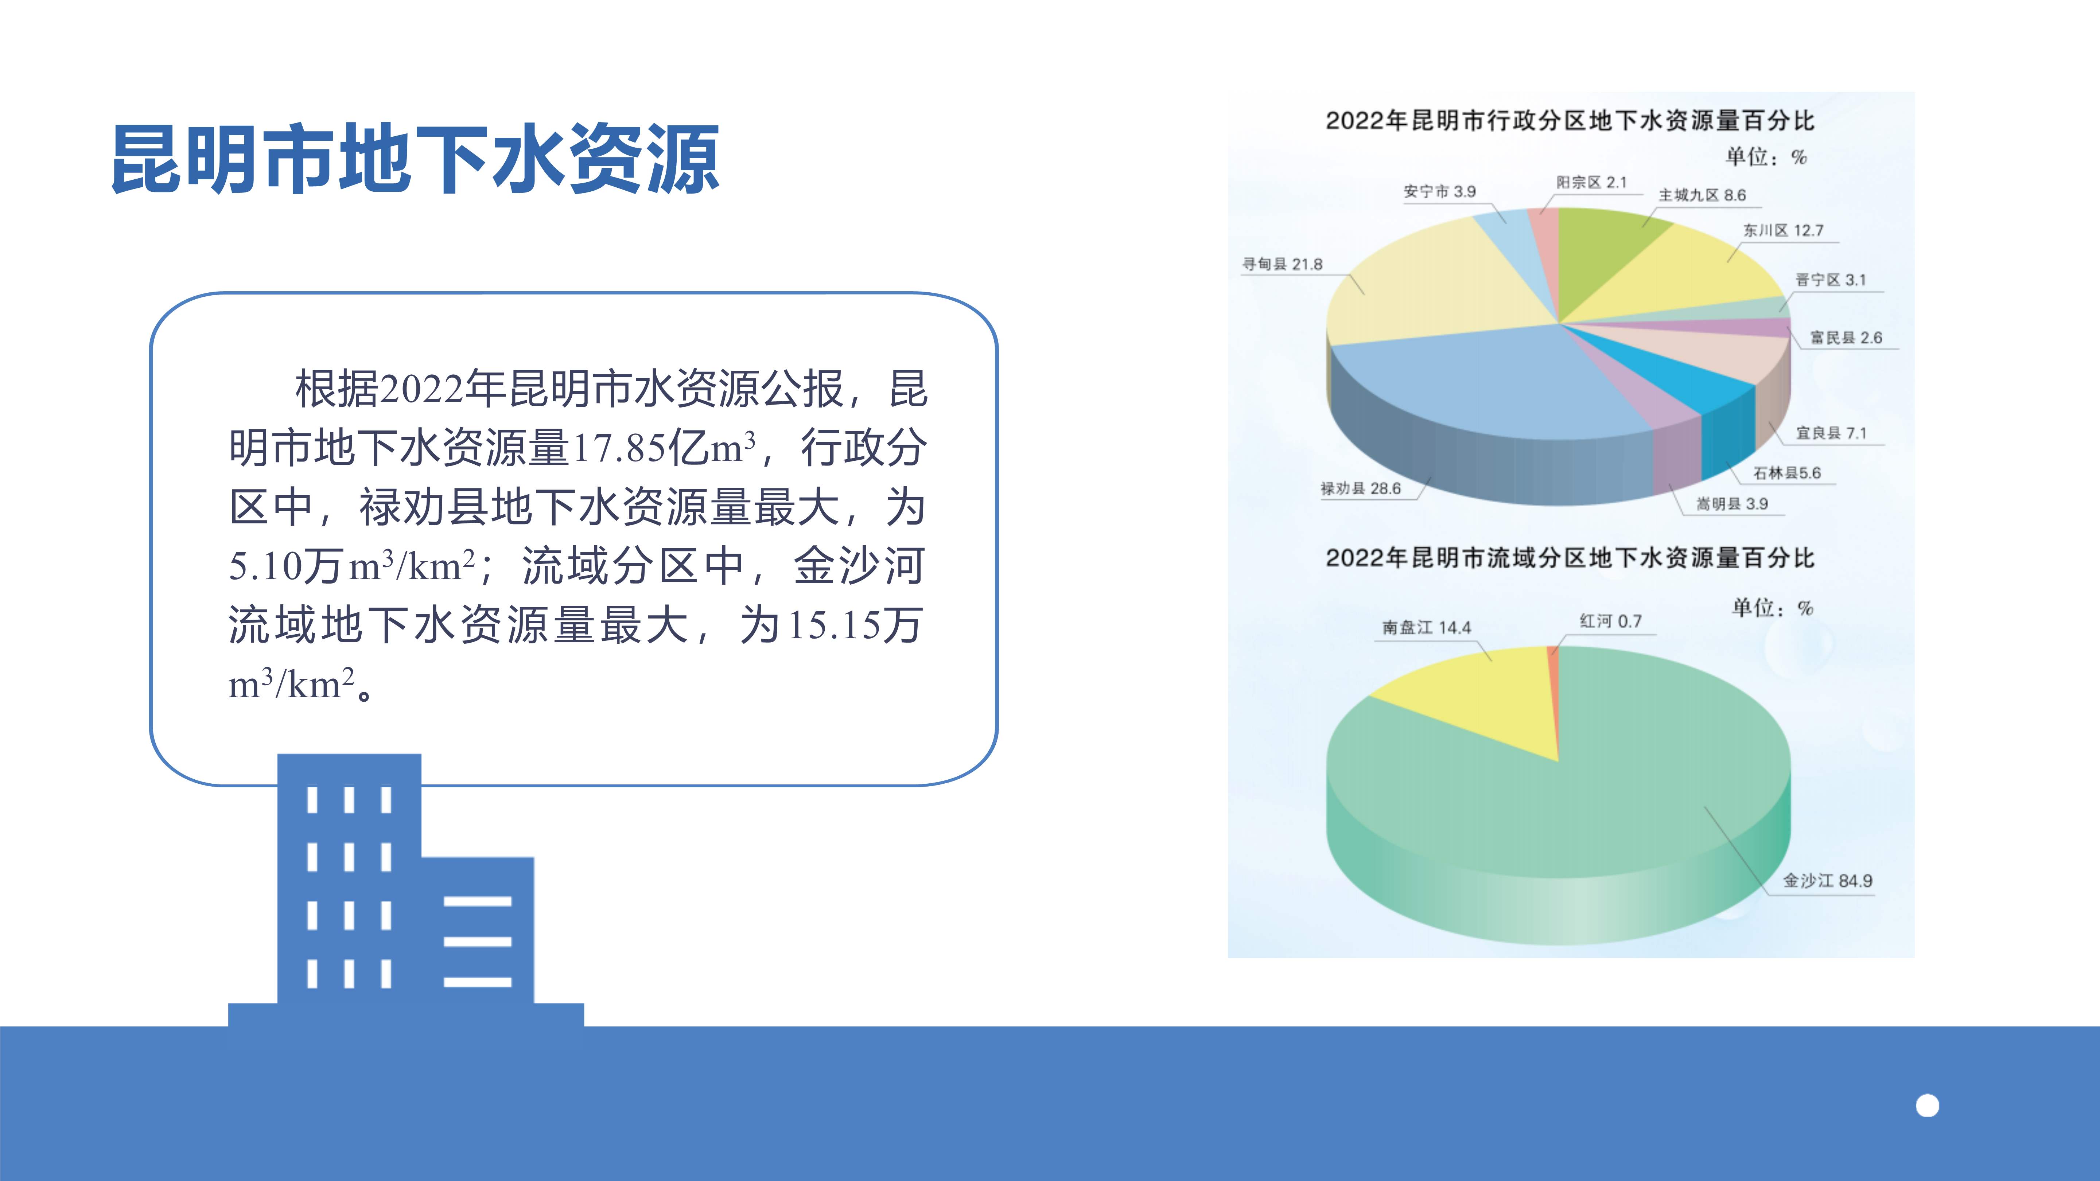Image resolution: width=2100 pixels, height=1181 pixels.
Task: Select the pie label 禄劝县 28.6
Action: coord(1361,488)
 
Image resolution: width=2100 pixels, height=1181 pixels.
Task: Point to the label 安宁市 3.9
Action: coord(1440,191)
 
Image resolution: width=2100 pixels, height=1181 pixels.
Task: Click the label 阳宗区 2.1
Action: coord(1591,183)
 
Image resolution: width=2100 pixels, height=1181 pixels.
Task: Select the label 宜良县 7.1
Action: coord(1831,433)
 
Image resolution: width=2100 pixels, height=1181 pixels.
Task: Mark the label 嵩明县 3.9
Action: coord(1732,504)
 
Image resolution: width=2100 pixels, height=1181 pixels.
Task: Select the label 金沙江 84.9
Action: coord(1828,880)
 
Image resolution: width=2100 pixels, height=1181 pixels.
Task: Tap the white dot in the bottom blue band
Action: coord(1927,1106)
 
